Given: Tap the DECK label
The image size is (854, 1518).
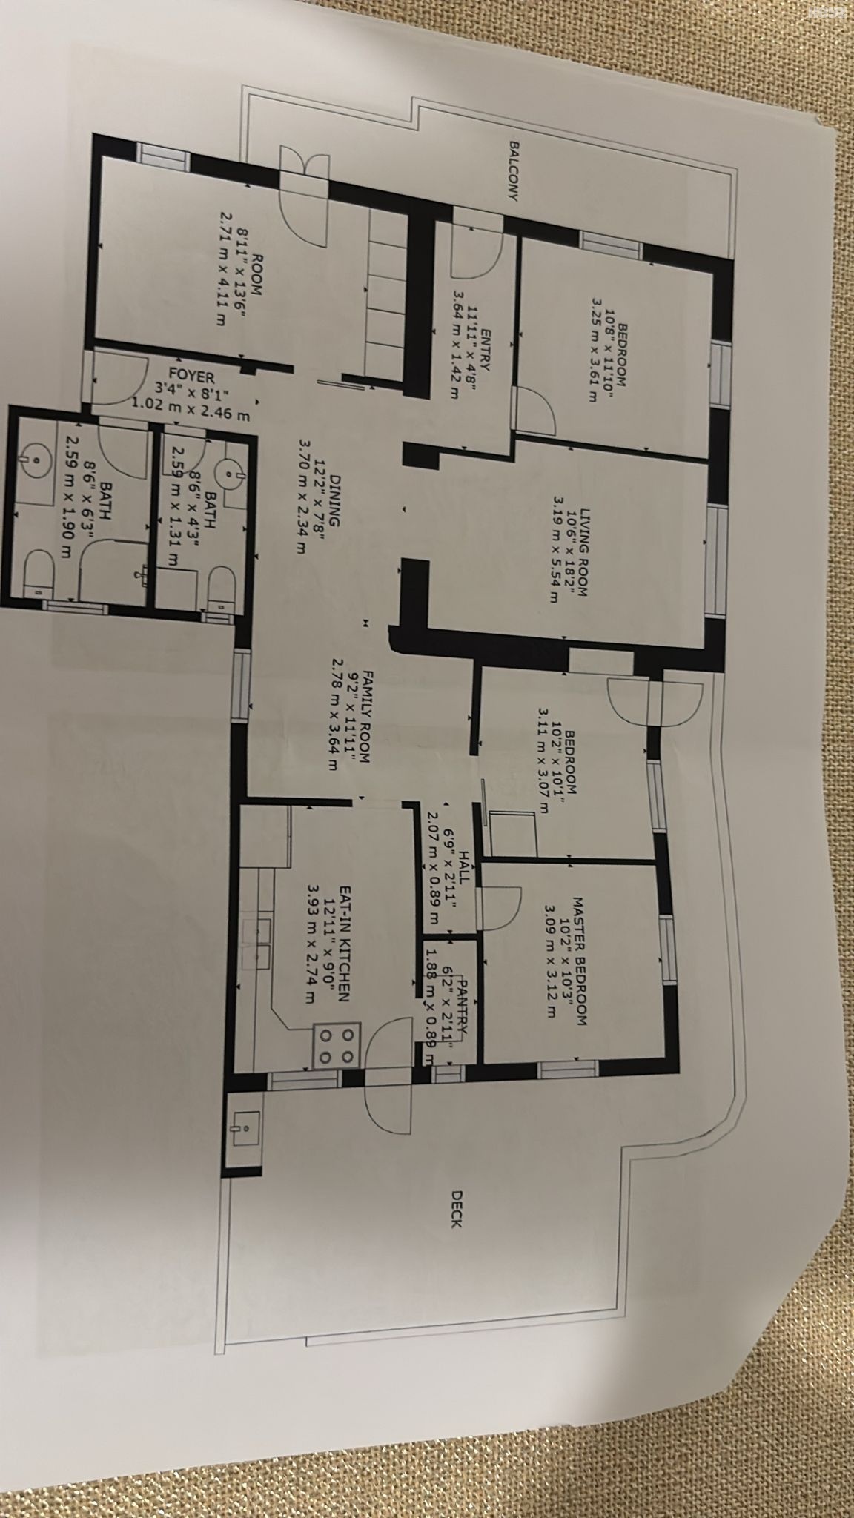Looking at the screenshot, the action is tap(457, 1209).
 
